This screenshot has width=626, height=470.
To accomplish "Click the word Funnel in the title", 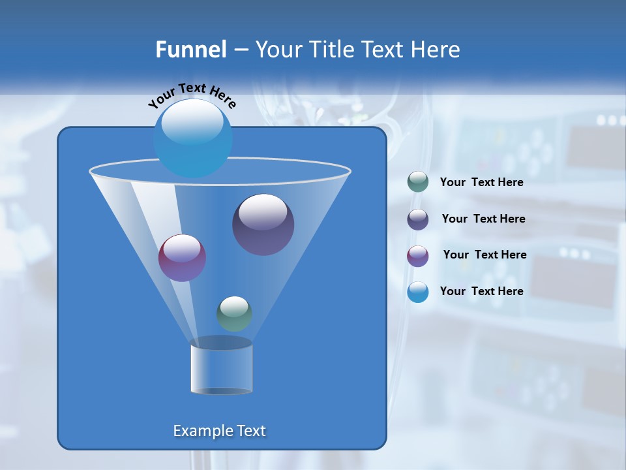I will coord(191,50).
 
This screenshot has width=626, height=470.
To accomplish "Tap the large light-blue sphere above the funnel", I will coord(192,138).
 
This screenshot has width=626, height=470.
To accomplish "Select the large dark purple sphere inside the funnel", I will coord(263,225).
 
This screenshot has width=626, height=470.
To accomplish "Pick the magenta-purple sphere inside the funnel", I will coord(182,258).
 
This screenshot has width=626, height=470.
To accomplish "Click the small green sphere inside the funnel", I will coord(234,313).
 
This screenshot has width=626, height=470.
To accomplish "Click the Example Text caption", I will coord(219,431).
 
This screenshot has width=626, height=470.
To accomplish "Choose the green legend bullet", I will coord(418,182).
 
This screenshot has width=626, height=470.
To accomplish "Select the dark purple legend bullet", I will coord(418,219).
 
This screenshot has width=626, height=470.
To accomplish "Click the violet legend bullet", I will coord(418,256).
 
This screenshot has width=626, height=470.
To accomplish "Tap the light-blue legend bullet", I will coord(418,292).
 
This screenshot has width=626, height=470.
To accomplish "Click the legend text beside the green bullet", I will coord(481,183).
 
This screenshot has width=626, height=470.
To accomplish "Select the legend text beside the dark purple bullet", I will coord(483,219).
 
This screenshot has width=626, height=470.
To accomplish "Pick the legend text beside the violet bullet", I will coord(484,255).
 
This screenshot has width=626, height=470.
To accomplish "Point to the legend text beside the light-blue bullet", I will coord(481,291).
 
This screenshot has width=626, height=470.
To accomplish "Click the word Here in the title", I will coord(435,50).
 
